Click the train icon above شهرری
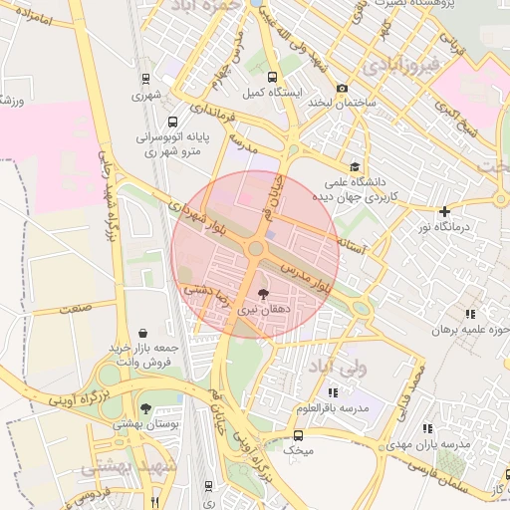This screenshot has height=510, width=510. point(146,79)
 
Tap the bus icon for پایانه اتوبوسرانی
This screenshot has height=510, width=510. point(173,124)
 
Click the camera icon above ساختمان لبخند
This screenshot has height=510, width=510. point(343,88)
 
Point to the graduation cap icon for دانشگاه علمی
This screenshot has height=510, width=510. point(354,167)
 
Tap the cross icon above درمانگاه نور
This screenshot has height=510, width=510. point(444,211)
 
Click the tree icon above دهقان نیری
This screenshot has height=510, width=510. point(263,294)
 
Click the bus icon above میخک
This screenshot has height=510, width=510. point(298,435)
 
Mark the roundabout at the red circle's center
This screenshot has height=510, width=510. point(256,249)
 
